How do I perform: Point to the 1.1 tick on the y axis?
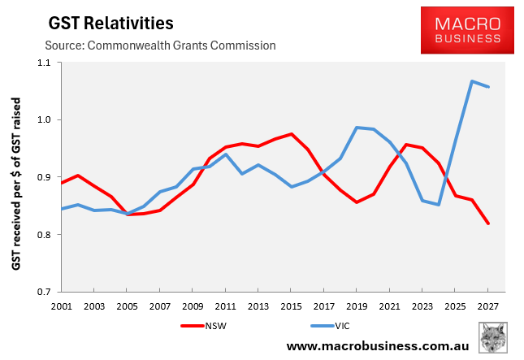(42, 63)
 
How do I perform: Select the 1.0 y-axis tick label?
(42, 120)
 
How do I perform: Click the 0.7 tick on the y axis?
(42, 292)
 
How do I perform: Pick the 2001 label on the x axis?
(62, 307)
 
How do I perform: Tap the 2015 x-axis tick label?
(292, 307)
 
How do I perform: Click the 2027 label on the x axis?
(488, 307)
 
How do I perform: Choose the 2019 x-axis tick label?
(357, 307)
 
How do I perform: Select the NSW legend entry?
(203, 327)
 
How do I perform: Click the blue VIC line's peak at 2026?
(472, 81)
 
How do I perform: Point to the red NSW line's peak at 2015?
(292, 134)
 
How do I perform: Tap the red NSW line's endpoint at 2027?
(488, 223)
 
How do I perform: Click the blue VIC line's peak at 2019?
(357, 127)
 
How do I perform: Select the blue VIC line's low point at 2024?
(440, 205)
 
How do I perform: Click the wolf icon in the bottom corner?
(494, 337)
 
